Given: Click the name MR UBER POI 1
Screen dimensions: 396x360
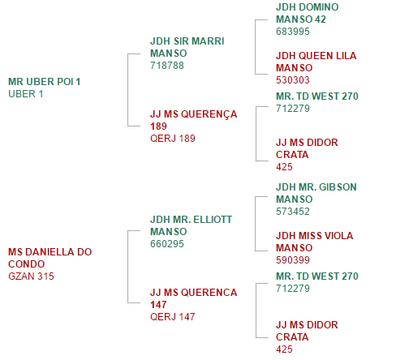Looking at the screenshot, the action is coord(45,82).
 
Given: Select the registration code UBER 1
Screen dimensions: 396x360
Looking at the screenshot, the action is coord(26,94).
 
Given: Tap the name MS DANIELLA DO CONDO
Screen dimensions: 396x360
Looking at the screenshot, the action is coord(50,258).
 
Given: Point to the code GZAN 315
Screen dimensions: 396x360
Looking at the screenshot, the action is coord(31,276).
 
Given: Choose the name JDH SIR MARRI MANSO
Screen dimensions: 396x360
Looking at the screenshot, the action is coord(187,47).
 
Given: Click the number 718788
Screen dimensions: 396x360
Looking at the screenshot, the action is coord(167,66).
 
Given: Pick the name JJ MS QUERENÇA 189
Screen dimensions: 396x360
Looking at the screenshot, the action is coord(194,120).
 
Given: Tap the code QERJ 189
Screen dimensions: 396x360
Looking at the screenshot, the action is coord(173,139).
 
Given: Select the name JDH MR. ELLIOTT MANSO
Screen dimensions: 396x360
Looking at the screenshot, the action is coord(191,225).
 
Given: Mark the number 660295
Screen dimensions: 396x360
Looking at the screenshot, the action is coord(167,244).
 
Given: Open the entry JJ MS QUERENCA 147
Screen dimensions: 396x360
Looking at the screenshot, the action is coord(194,298).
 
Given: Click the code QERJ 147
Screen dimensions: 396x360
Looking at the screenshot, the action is coord(173,317).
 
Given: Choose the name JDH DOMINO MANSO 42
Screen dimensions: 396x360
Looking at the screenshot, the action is coord(308,13).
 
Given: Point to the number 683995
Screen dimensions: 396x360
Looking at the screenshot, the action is coord(293,32).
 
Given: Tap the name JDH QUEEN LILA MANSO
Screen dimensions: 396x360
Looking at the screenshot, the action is coord(316,62).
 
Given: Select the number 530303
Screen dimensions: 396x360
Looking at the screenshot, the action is coord(293,80).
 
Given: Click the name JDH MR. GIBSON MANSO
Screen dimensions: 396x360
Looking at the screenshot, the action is coord(316,193).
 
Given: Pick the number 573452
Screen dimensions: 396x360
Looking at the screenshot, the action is coord(293,212).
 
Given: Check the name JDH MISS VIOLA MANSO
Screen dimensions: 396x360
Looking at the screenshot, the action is coord(315,242).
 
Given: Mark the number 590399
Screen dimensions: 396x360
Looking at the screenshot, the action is coord(293,260).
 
